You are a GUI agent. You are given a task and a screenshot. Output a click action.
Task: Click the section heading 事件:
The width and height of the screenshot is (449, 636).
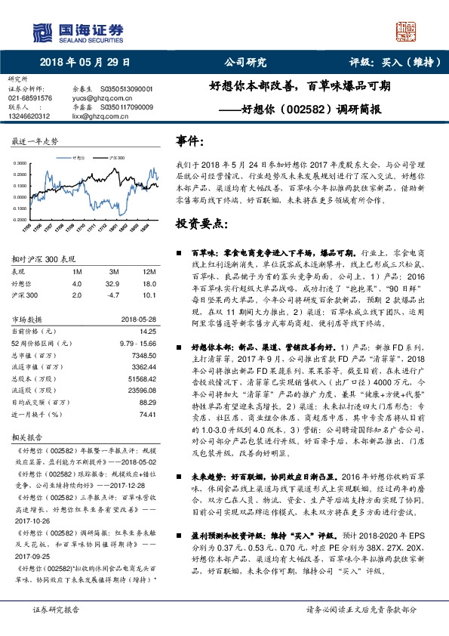click(x=189, y=140)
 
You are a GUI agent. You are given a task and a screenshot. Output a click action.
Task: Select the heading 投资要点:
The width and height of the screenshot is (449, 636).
click(x=201, y=224)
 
